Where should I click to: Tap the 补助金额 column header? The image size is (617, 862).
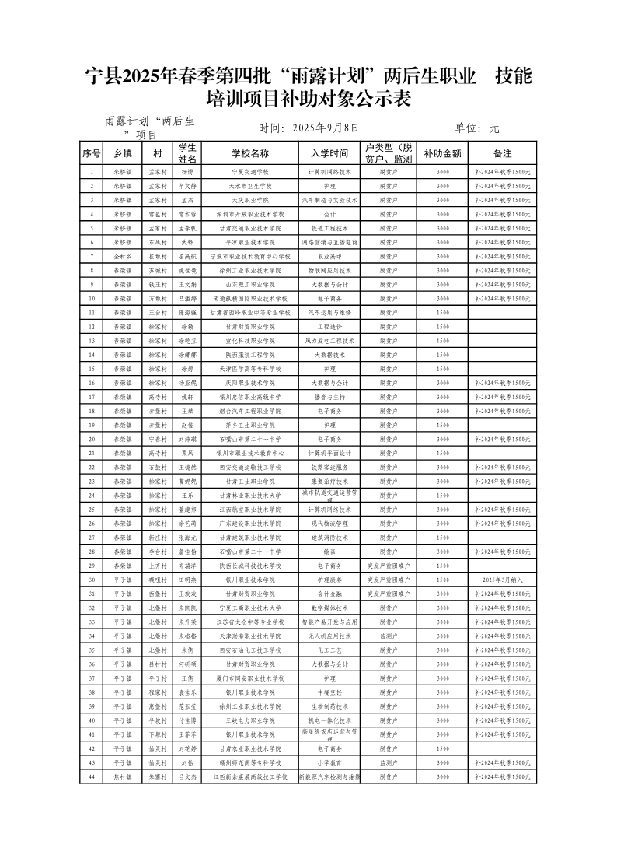coord(442,153)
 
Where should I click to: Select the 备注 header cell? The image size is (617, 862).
coord(502,153)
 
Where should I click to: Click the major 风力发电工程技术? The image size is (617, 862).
coord(329,340)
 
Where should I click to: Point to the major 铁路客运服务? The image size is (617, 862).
coord(329,467)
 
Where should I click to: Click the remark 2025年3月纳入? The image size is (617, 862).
coord(502,580)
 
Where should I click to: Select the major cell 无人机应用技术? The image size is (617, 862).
coord(329,636)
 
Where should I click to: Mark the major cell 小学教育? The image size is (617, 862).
coord(329,762)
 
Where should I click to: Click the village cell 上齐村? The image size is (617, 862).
coord(158,566)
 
